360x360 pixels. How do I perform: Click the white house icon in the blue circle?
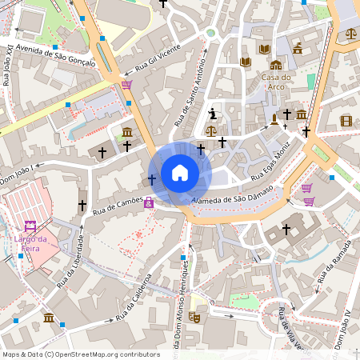(180, 173)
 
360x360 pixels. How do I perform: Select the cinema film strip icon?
(346, 121)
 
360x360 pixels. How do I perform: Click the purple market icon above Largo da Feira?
(31, 226)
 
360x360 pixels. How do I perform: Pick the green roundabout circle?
(211, 34)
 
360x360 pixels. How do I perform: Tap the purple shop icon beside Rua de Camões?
(148, 204)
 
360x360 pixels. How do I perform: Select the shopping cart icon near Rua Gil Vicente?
(126, 84)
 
